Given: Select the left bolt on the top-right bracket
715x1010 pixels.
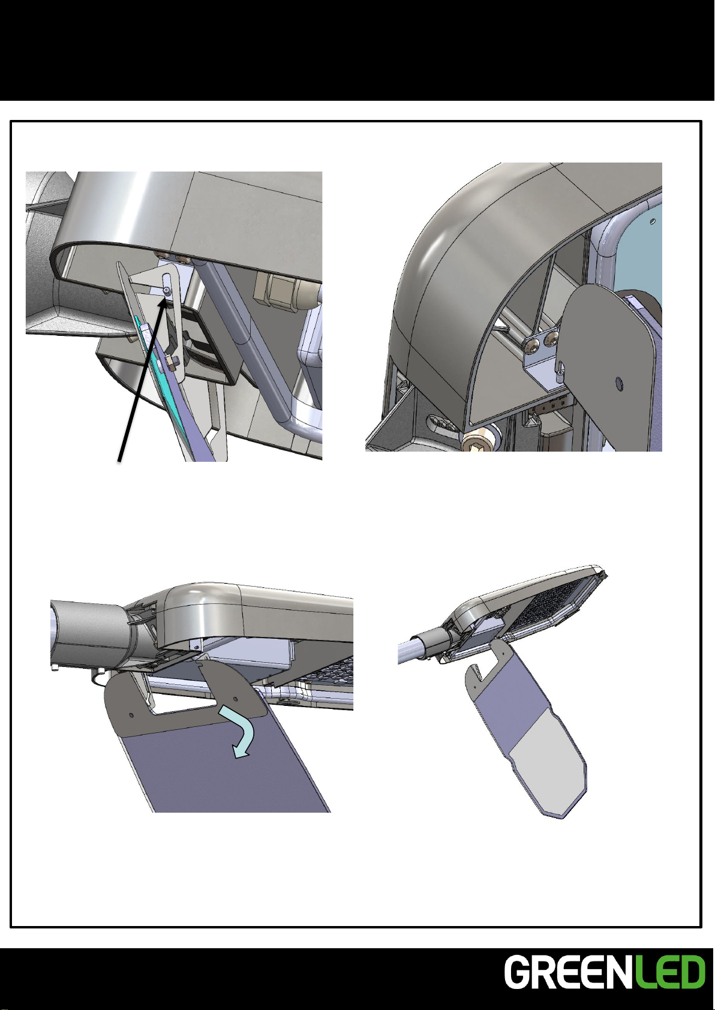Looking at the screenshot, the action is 531,345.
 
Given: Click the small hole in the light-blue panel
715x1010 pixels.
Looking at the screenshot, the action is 653,221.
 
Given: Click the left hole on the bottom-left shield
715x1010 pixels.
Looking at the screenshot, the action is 131,715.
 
